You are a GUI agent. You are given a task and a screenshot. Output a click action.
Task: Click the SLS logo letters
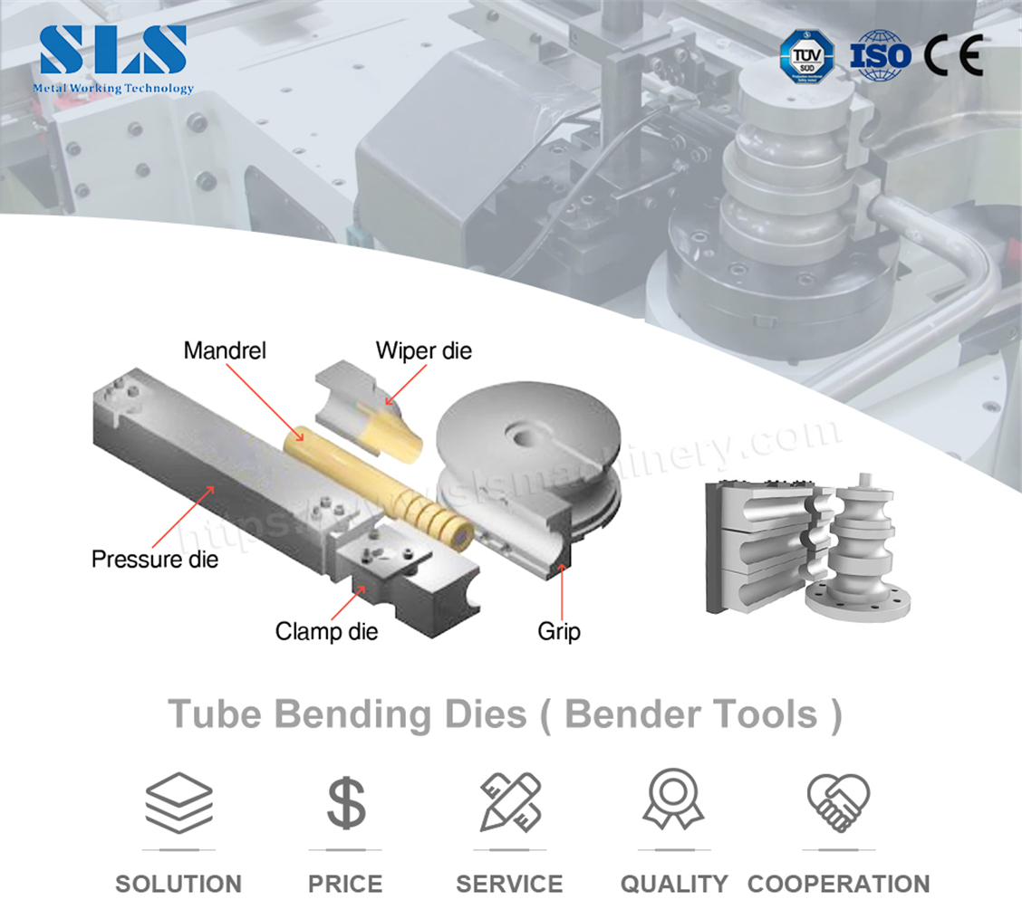113,50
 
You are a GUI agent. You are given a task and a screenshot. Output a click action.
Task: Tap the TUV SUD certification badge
807,55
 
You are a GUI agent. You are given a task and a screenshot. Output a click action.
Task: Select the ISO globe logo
880,55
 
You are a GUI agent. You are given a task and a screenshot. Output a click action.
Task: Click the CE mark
952,55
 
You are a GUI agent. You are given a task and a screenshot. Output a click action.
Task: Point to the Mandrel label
225,350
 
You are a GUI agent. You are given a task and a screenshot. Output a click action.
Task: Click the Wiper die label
424,350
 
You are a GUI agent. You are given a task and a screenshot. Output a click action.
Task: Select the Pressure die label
155,559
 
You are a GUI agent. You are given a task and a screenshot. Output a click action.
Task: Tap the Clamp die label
326,630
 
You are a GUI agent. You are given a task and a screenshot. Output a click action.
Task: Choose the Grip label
559,630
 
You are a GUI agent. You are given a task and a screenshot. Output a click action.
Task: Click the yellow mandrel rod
381,489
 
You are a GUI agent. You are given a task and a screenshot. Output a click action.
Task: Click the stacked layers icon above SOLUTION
178,801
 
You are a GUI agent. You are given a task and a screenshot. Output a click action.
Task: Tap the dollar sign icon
345,801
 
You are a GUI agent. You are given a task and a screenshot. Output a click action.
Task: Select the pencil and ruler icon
510,801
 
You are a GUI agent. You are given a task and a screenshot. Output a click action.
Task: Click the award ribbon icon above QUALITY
673,799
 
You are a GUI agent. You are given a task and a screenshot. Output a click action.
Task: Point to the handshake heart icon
838,801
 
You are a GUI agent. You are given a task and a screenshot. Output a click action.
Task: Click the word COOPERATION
838,884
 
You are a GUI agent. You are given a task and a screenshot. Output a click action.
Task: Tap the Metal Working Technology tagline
113,89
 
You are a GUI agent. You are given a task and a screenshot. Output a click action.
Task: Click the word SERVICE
509,884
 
